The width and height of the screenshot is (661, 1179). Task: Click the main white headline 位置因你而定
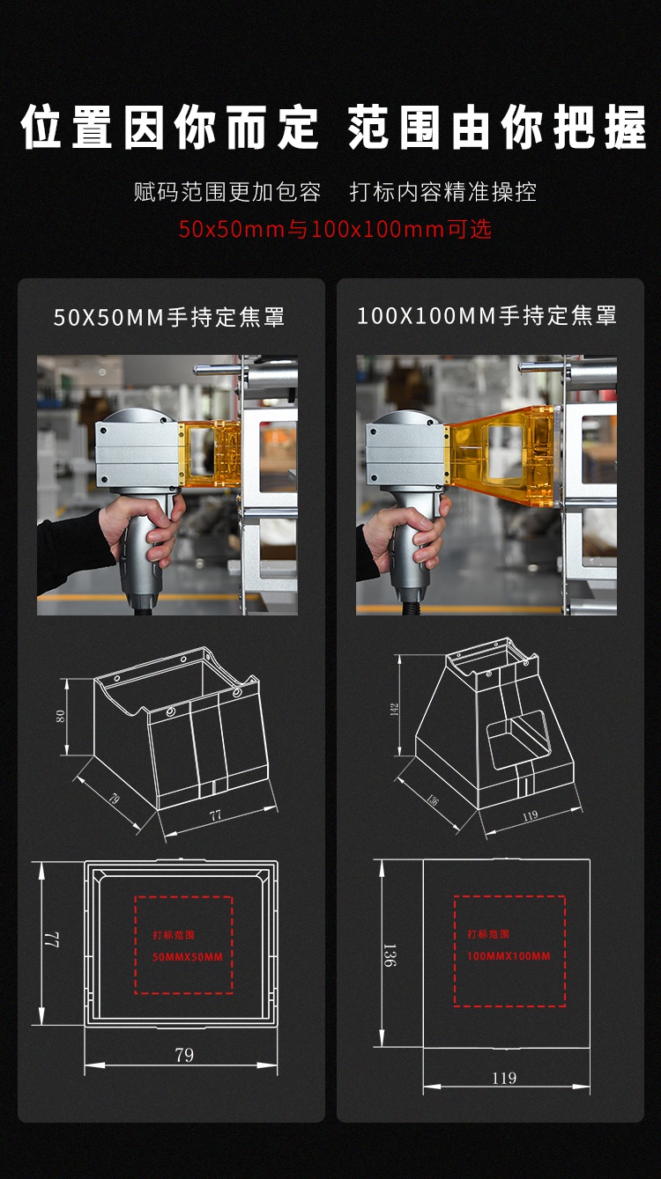[x=169, y=127]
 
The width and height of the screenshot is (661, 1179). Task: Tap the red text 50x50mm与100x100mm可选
[x=335, y=229]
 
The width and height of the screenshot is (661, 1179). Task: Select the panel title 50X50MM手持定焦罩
[x=169, y=317]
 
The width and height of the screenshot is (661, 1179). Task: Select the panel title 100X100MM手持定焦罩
[x=487, y=316]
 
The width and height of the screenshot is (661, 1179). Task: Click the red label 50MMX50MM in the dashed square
[x=188, y=957]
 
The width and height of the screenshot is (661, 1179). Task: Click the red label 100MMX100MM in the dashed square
[x=509, y=956]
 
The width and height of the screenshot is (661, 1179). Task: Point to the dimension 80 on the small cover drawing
[x=61, y=716]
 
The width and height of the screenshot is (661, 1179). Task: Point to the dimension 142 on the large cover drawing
[x=395, y=710]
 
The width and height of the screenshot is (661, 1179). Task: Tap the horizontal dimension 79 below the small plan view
[x=184, y=1055]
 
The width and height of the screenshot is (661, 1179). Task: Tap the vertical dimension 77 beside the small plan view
[x=52, y=940]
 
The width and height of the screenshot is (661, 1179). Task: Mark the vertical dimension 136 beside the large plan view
[x=389, y=955]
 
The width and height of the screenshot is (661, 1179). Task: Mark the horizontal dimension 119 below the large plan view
[x=504, y=1079]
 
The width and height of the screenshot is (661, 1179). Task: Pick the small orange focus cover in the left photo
[x=210, y=453]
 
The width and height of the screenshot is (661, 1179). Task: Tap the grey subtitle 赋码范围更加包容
[x=227, y=192]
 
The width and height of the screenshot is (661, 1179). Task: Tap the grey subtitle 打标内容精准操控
[x=443, y=192]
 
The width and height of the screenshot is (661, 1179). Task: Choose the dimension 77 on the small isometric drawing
[x=215, y=816]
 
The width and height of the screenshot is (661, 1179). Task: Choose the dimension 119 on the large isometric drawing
[x=530, y=816]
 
